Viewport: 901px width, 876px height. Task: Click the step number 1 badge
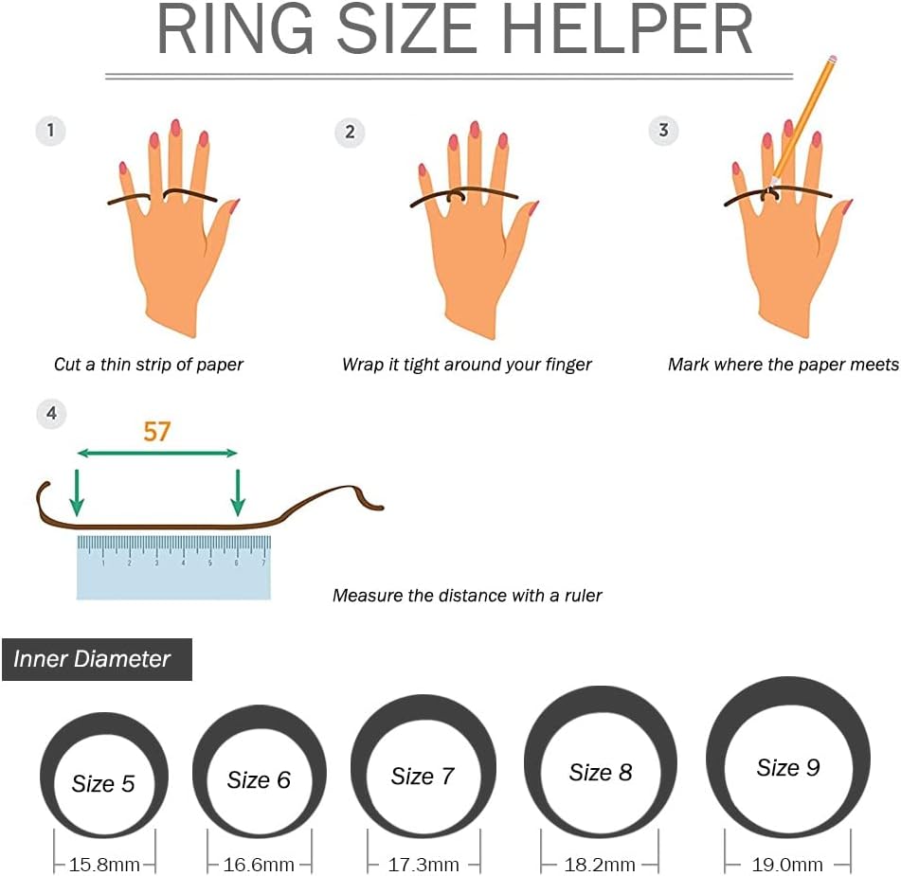pyautogui.click(x=50, y=131)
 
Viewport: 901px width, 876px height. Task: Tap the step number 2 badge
pyautogui.click(x=350, y=133)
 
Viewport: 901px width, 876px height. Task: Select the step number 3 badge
pyautogui.click(x=663, y=131)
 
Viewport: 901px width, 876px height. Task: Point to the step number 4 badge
pyautogui.click(x=51, y=413)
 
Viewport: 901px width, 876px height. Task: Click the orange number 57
pyautogui.click(x=157, y=432)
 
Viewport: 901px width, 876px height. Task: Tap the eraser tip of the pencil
pyautogui.click(x=834, y=58)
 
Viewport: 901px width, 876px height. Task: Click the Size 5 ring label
pyautogui.click(x=103, y=783)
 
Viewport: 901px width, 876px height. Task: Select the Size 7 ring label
pyautogui.click(x=423, y=776)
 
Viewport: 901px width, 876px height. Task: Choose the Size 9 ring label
pyautogui.click(x=788, y=767)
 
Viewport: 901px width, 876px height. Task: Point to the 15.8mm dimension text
pyautogui.click(x=104, y=865)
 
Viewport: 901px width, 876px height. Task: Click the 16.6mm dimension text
pyautogui.click(x=259, y=865)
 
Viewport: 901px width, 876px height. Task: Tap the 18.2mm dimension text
pyautogui.click(x=600, y=865)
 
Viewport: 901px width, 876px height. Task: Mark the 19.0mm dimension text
pyautogui.click(x=787, y=865)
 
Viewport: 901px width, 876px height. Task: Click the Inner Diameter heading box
pyautogui.click(x=97, y=659)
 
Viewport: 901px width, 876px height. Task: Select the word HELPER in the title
pyautogui.click(x=627, y=28)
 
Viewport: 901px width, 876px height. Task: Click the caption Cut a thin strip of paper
pyautogui.click(x=149, y=365)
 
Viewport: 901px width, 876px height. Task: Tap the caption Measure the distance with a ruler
pyautogui.click(x=467, y=596)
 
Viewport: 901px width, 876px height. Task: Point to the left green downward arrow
pyautogui.click(x=77, y=492)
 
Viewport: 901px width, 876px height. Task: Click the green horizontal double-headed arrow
pyautogui.click(x=157, y=454)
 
